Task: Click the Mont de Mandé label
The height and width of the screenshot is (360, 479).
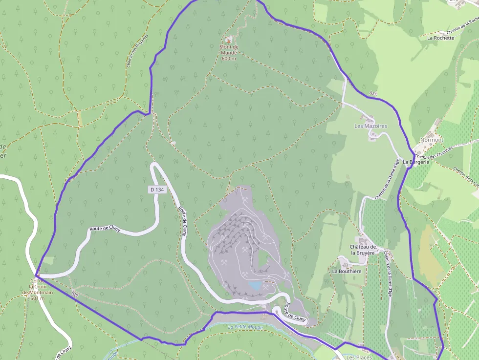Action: coord(228,49)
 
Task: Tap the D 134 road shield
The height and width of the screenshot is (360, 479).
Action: coord(156,189)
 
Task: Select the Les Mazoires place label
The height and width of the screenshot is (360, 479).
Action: coord(370,126)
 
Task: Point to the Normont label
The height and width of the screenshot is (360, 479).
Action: coord(432,140)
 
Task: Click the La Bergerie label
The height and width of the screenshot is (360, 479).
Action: coord(416,162)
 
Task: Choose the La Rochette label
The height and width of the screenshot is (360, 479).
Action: coord(440,37)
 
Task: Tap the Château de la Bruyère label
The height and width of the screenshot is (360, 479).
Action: coord(362,250)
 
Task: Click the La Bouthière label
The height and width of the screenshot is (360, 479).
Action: coord(347,271)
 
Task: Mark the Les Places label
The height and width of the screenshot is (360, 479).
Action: coord(359,357)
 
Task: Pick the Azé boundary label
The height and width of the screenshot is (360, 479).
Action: coord(373,92)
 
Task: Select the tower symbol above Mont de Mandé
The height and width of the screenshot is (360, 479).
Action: coord(228,39)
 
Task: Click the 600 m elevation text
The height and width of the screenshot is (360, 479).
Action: coord(228,59)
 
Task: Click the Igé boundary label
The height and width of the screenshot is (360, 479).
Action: coord(75,294)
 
